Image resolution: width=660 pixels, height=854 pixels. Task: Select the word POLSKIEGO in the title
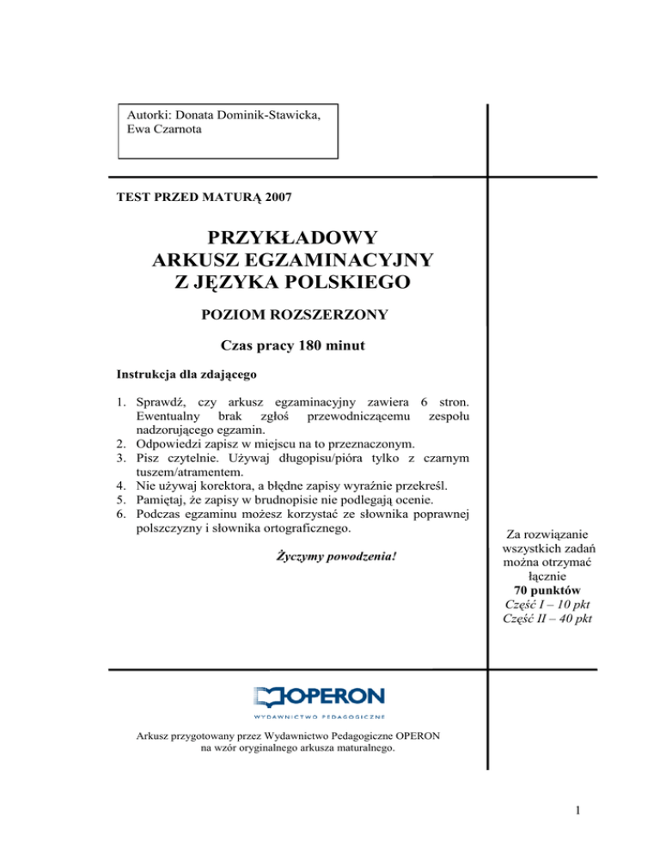(339, 280)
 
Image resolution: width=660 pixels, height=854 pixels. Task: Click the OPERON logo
(320, 698)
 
